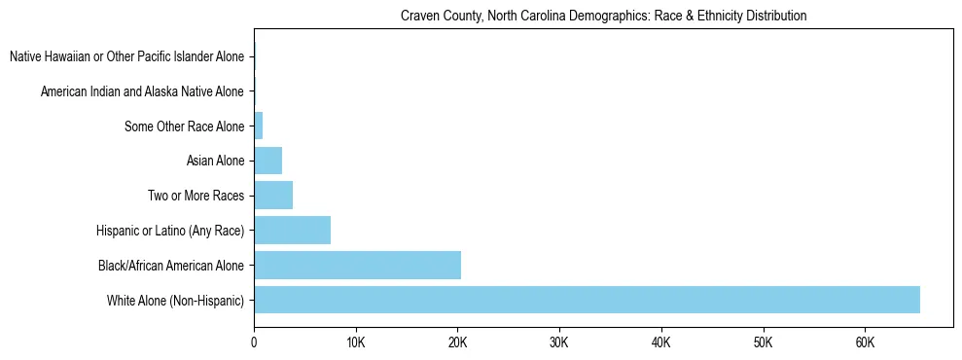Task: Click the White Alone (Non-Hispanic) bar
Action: pos(587,300)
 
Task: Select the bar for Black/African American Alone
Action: pos(357,265)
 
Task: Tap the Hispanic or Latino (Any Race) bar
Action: pos(292,230)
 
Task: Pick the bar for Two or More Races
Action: pos(273,196)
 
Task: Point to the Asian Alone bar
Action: pos(267,161)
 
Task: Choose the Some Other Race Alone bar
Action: pos(258,126)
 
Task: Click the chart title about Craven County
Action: pos(603,17)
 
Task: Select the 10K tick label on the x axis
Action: pos(355,342)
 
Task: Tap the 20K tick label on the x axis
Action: pos(457,342)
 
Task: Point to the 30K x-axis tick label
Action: pos(559,342)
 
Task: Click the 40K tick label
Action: pos(661,342)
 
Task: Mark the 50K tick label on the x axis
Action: pos(763,342)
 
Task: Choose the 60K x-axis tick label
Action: pos(865,342)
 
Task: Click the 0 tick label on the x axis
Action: pos(254,342)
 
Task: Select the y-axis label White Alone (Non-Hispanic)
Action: pos(176,300)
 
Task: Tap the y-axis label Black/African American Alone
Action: pos(171,265)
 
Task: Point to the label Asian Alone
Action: pos(215,161)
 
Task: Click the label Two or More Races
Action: pos(196,196)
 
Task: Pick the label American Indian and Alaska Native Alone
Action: pos(142,91)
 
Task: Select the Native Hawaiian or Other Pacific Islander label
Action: pos(126,56)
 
